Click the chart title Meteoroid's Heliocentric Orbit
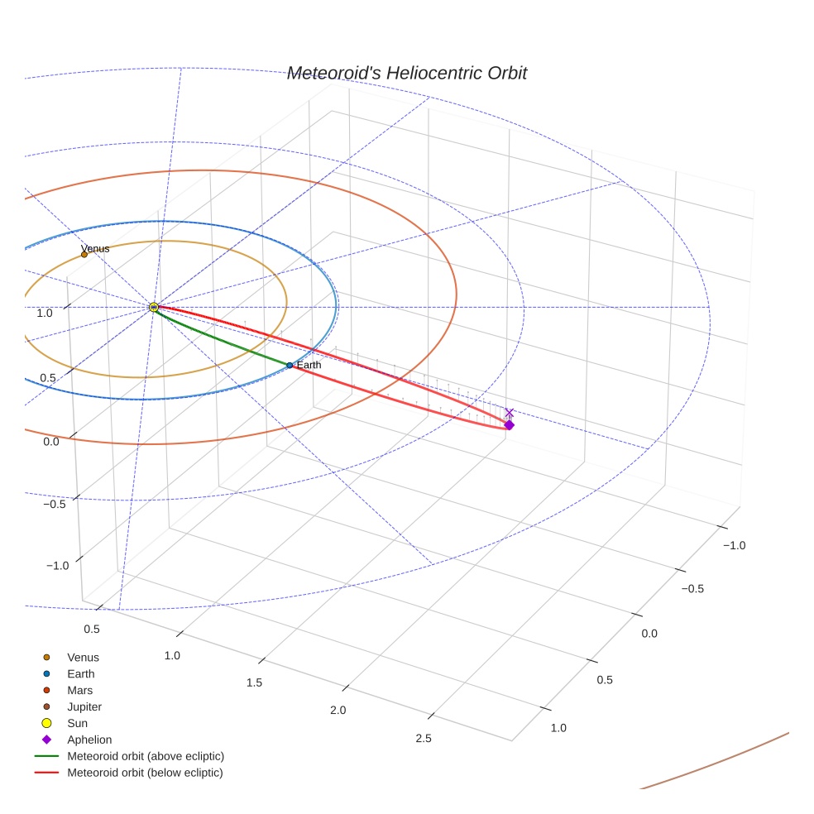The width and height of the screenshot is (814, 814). [406, 74]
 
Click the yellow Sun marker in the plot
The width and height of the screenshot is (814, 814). [154, 307]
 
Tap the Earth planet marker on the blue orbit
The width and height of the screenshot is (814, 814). [290, 365]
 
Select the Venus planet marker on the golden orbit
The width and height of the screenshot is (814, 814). [84, 254]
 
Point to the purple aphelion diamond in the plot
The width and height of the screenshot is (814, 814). [510, 424]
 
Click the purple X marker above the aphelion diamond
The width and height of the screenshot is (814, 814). [510, 412]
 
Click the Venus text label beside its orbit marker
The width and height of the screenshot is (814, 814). [95, 248]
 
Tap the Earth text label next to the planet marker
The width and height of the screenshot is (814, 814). [309, 365]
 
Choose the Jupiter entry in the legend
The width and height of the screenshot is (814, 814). [84, 706]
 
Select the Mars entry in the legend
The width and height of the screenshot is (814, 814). [80, 690]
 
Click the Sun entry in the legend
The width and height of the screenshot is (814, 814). [78, 723]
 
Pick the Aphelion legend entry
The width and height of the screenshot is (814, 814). [89, 740]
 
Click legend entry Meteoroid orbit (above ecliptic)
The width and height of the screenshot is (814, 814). [146, 756]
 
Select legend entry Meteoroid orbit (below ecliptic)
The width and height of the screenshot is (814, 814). [145, 773]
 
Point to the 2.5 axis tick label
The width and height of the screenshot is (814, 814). [423, 739]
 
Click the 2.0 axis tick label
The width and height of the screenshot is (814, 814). [338, 711]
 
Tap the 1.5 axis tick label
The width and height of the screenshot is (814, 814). [254, 682]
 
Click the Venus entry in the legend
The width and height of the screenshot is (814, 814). [83, 658]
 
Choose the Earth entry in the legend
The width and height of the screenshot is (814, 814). [81, 674]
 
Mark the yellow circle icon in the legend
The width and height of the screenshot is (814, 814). [46, 723]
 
